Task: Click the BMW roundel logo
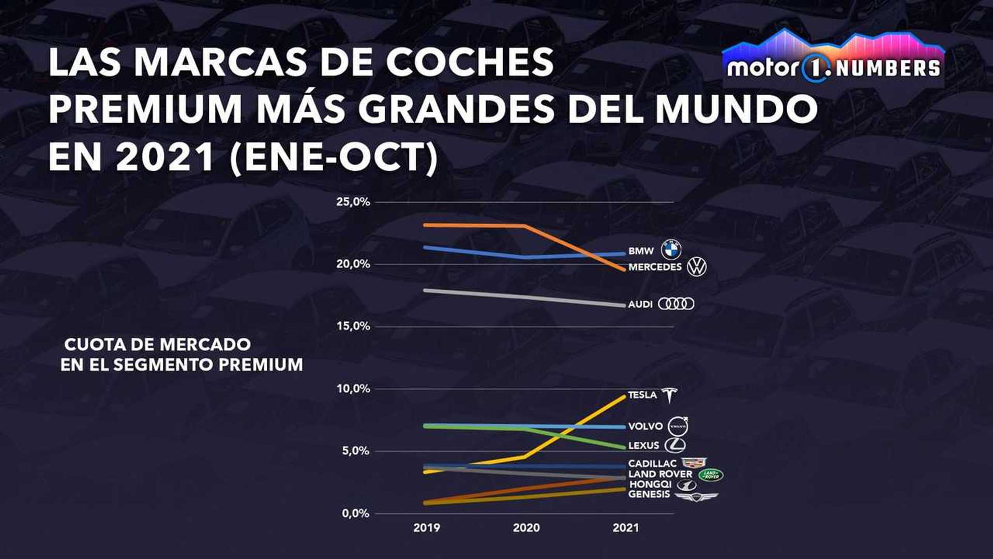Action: pyautogui.click(x=671, y=250)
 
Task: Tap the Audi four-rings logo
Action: pyautogui.click(x=676, y=304)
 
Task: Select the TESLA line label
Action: pyautogui.click(x=642, y=395)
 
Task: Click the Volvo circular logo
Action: pyautogui.click(x=678, y=427)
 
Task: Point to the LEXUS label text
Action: pyautogui.click(x=643, y=446)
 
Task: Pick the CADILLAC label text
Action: pyautogui.click(x=652, y=464)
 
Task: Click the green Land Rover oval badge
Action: pyautogui.click(x=711, y=475)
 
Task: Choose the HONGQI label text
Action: pyautogui.click(x=650, y=484)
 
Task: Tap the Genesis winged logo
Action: pyautogui.click(x=696, y=496)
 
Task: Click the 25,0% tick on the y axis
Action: pyautogui.click(x=353, y=202)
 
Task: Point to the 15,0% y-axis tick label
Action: pyautogui.click(x=353, y=327)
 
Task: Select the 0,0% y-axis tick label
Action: pyautogui.click(x=355, y=514)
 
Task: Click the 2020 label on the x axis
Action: pyautogui.click(x=526, y=528)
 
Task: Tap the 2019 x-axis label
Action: pyautogui.click(x=427, y=528)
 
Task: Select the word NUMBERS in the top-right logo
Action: pyautogui.click(x=887, y=68)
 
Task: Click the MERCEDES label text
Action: pyautogui.click(x=655, y=267)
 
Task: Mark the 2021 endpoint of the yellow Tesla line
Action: pyautogui.click(x=625, y=396)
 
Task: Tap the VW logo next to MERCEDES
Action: pyautogui.click(x=697, y=267)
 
